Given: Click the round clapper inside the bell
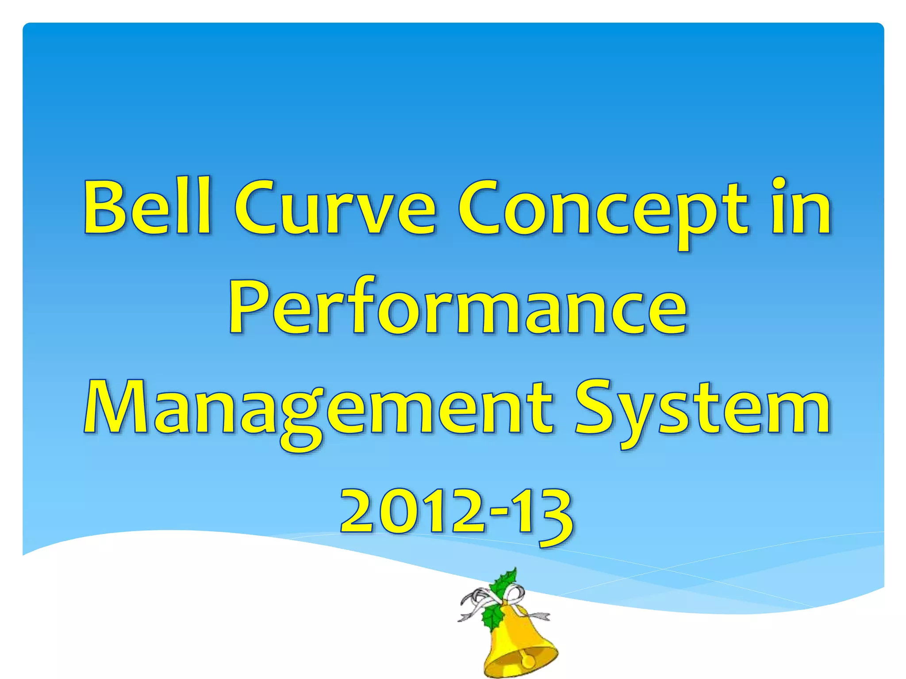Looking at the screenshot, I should tap(528, 662).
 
